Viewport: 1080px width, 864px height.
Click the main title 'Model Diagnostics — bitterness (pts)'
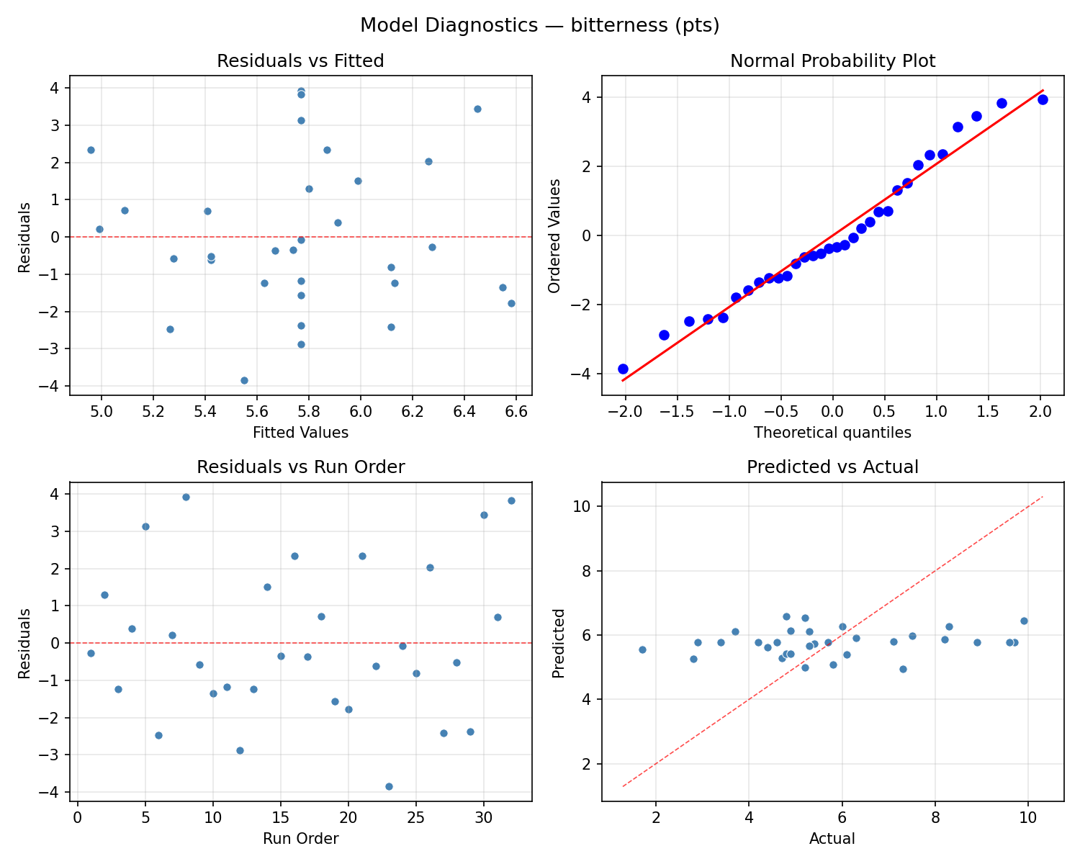pyautogui.click(x=539, y=25)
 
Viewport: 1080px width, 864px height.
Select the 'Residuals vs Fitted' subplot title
pyautogui.click(x=300, y=61)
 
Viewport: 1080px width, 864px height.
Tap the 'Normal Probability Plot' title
pyautogui.click(x=832, y=61)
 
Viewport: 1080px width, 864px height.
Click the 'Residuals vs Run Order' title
pyautogui.click(x=300, y=467)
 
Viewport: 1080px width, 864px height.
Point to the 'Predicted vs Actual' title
pyautogui.click(x=832, y=467)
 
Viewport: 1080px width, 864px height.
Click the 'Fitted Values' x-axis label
pyautogui.click(x=300, y=433)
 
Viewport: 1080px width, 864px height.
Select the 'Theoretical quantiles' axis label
pyautogui.click(x=832, y=433)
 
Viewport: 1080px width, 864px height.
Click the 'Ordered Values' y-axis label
pyautogui.click(x=554, y=235)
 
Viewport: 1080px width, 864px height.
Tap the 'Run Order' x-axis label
pyautogui.click(x=300, y=839)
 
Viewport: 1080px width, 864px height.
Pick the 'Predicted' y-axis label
pyautogui.click(x=558, y=643)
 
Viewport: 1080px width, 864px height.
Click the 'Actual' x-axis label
pyautogui.click(x=832, y=839)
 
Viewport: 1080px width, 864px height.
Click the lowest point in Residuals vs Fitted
pyautogui.click(x=244, y=380)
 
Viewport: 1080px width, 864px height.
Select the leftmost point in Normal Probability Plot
pyautogui.click(x=623, y=369)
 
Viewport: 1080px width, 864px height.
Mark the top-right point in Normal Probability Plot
pyautogui.click(x=1043, y=99)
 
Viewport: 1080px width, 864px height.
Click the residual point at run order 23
pyautogui.click(x=389, y=786)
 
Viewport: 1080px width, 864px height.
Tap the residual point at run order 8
pyautogui.click(x=186, y=497)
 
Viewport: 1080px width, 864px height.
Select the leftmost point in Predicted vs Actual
pyautogui.click(x=642, y=649)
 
